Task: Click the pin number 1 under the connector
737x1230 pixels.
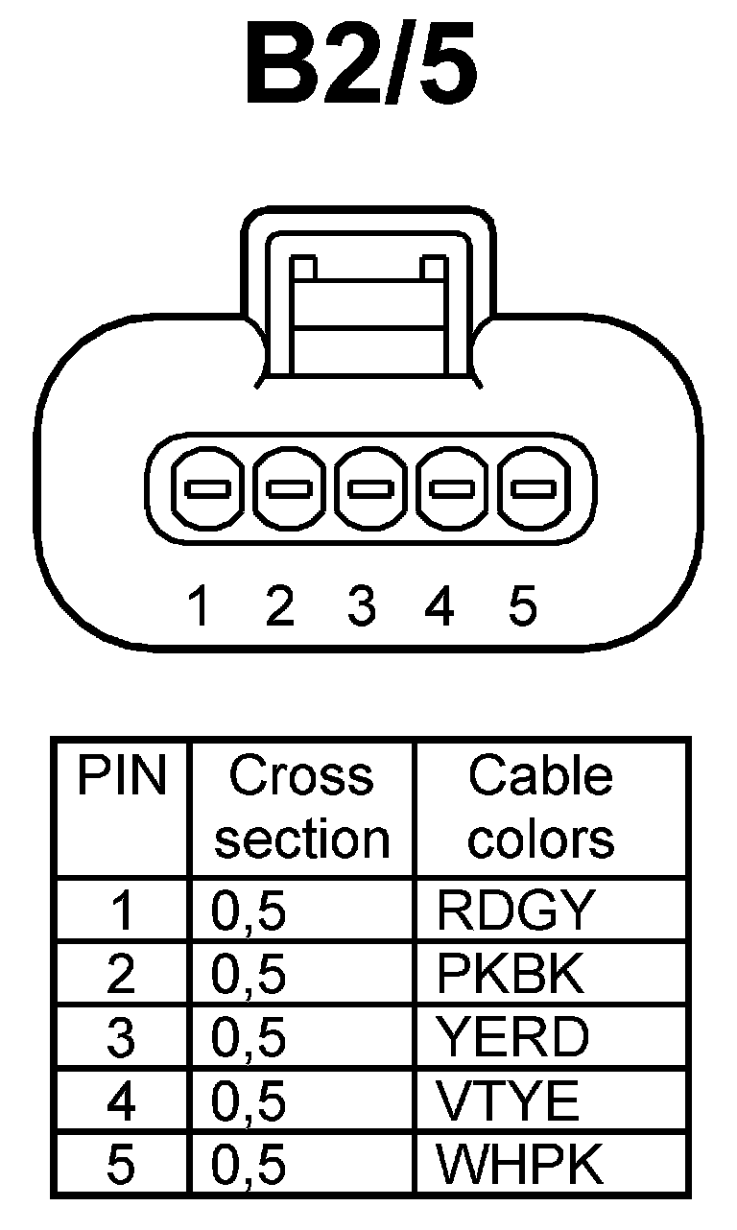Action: [200, 606]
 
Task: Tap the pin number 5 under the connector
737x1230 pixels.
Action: [522, 606]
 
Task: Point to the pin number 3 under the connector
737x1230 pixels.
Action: [361, 606]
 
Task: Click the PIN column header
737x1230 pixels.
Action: [122, 777]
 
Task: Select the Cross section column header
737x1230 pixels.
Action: [301, 807]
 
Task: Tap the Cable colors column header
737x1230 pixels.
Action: [540, 807]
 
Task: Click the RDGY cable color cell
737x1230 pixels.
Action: [515, 911]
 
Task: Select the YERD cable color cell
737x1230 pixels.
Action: [512, 1038]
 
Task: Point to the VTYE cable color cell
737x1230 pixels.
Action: [509, 1101]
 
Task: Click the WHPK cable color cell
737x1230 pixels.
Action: [520, 1164]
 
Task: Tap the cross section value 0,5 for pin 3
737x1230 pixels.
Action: [250, 1038]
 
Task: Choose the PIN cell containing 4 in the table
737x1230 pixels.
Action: [122, 1101]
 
